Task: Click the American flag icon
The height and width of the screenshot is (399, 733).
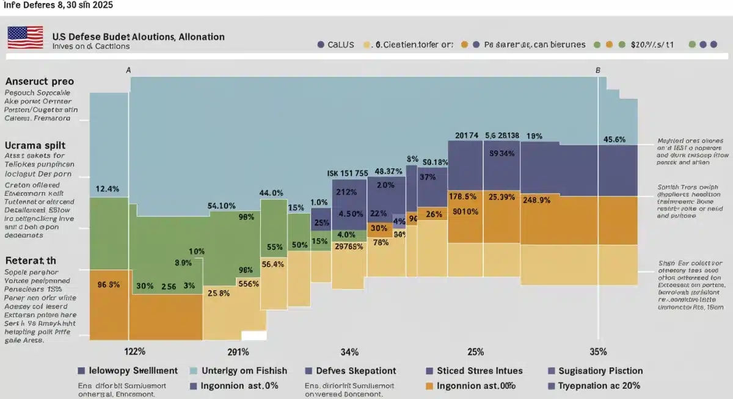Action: click(25, 37)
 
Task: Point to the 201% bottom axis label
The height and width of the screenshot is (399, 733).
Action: click(238, 351)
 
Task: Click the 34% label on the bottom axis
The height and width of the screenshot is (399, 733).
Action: click(349, 351)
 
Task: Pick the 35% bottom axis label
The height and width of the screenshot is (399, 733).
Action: click(598, 351)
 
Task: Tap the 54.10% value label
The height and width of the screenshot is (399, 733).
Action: click(222, 206)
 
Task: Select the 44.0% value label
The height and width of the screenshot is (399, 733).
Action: click(271, 193)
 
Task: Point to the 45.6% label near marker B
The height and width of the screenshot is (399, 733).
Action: click(614, 139)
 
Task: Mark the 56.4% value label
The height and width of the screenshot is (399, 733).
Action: click(272, 264)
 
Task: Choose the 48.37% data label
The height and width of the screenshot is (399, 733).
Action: click(388, 171)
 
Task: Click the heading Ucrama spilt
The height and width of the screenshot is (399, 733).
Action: click(35, 146)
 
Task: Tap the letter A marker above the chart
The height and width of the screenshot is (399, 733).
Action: click(128, 70)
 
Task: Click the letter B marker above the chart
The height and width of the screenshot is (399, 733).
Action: click(597, 70)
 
